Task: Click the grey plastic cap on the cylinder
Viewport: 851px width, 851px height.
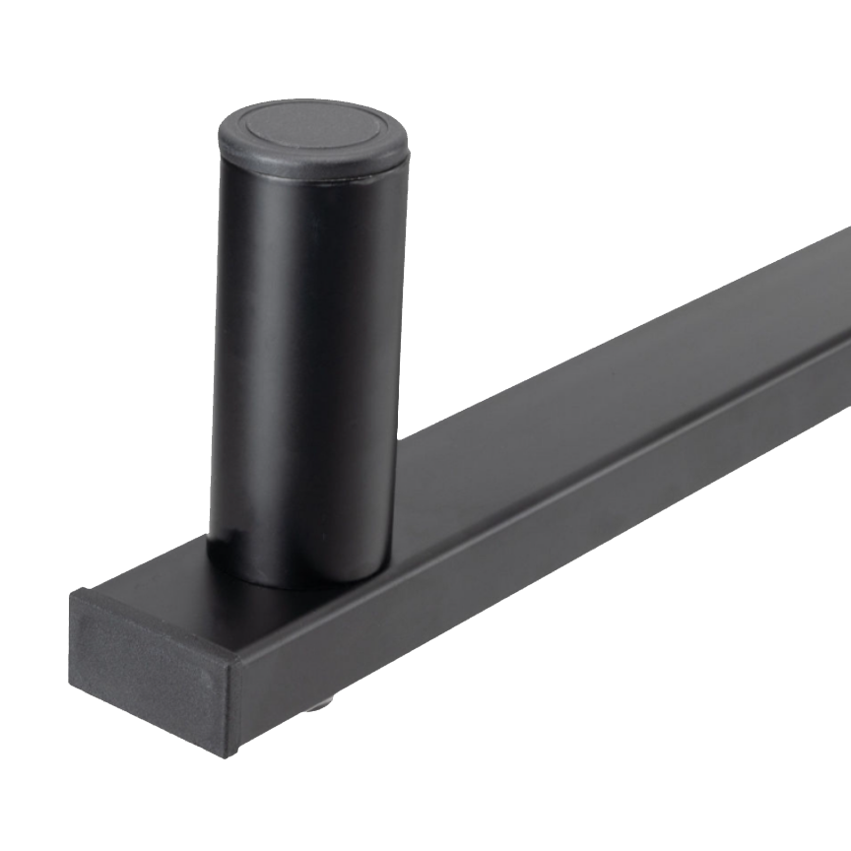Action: click(312, 138)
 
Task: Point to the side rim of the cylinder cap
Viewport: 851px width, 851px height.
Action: click(313, 164)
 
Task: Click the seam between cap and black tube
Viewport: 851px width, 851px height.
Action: click(313, 178)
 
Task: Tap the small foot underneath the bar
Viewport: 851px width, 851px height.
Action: click(317, 705)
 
